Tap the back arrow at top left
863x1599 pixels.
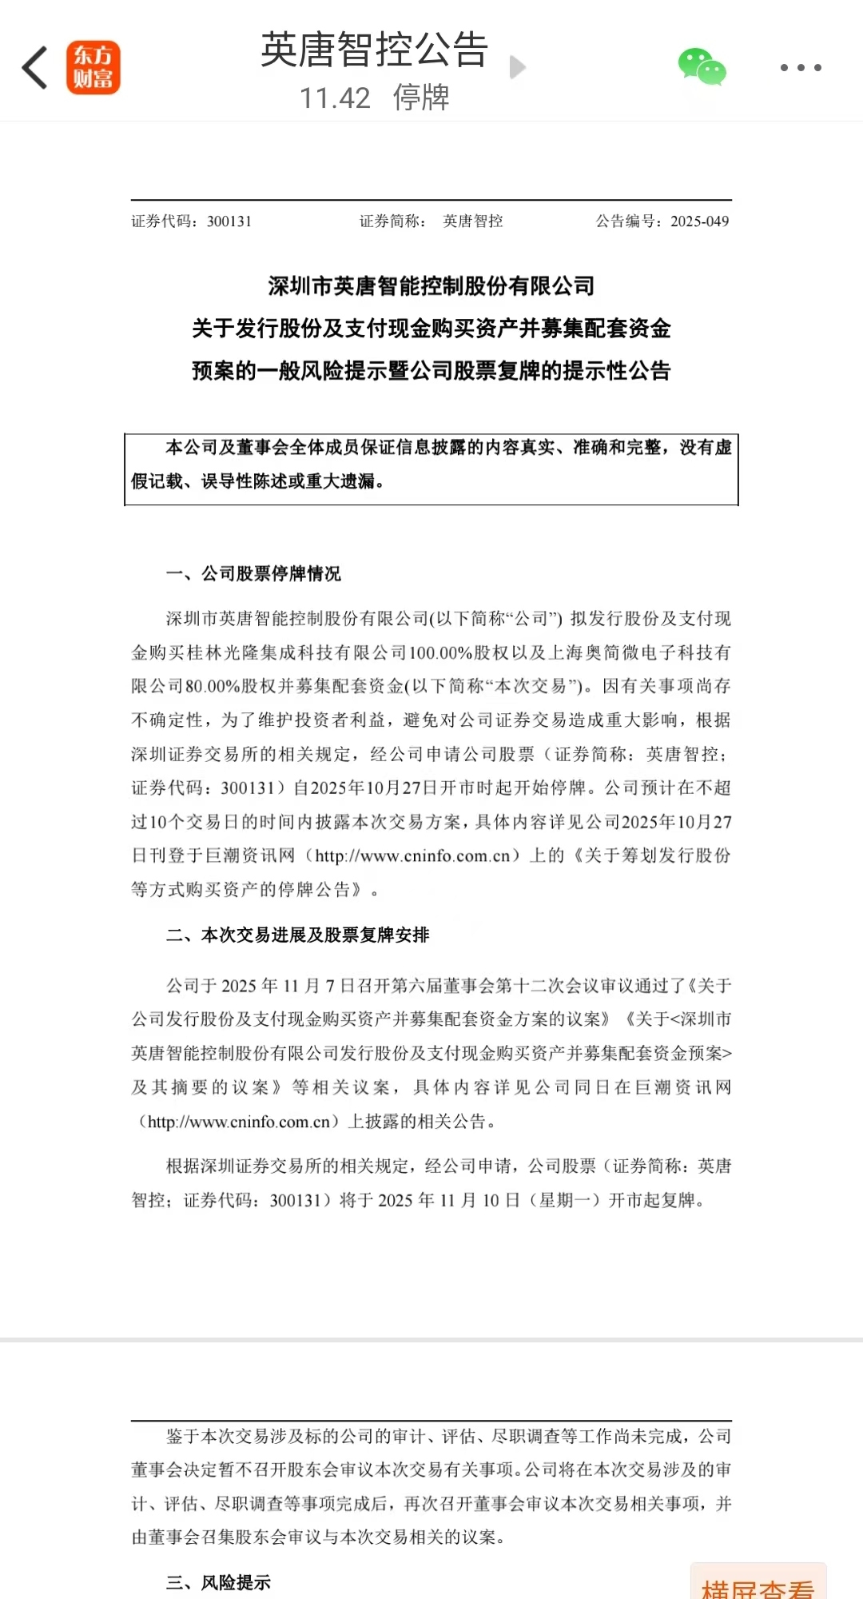35,67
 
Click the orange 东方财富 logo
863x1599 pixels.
93,67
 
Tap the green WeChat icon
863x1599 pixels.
702,67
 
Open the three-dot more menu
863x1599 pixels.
801,68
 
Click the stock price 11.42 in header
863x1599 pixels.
335,98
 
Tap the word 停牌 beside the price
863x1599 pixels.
421,98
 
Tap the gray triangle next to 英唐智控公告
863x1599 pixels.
518,67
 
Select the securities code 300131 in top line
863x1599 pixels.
229,221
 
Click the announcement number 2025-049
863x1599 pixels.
700,221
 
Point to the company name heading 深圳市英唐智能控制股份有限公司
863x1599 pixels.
431,286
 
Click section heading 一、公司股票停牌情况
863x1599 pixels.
253,573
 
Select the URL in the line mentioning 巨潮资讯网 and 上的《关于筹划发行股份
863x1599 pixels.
412,856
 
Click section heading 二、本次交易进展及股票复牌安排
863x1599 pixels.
298,935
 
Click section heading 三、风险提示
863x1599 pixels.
218,1582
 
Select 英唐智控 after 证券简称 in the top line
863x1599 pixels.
473,221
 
